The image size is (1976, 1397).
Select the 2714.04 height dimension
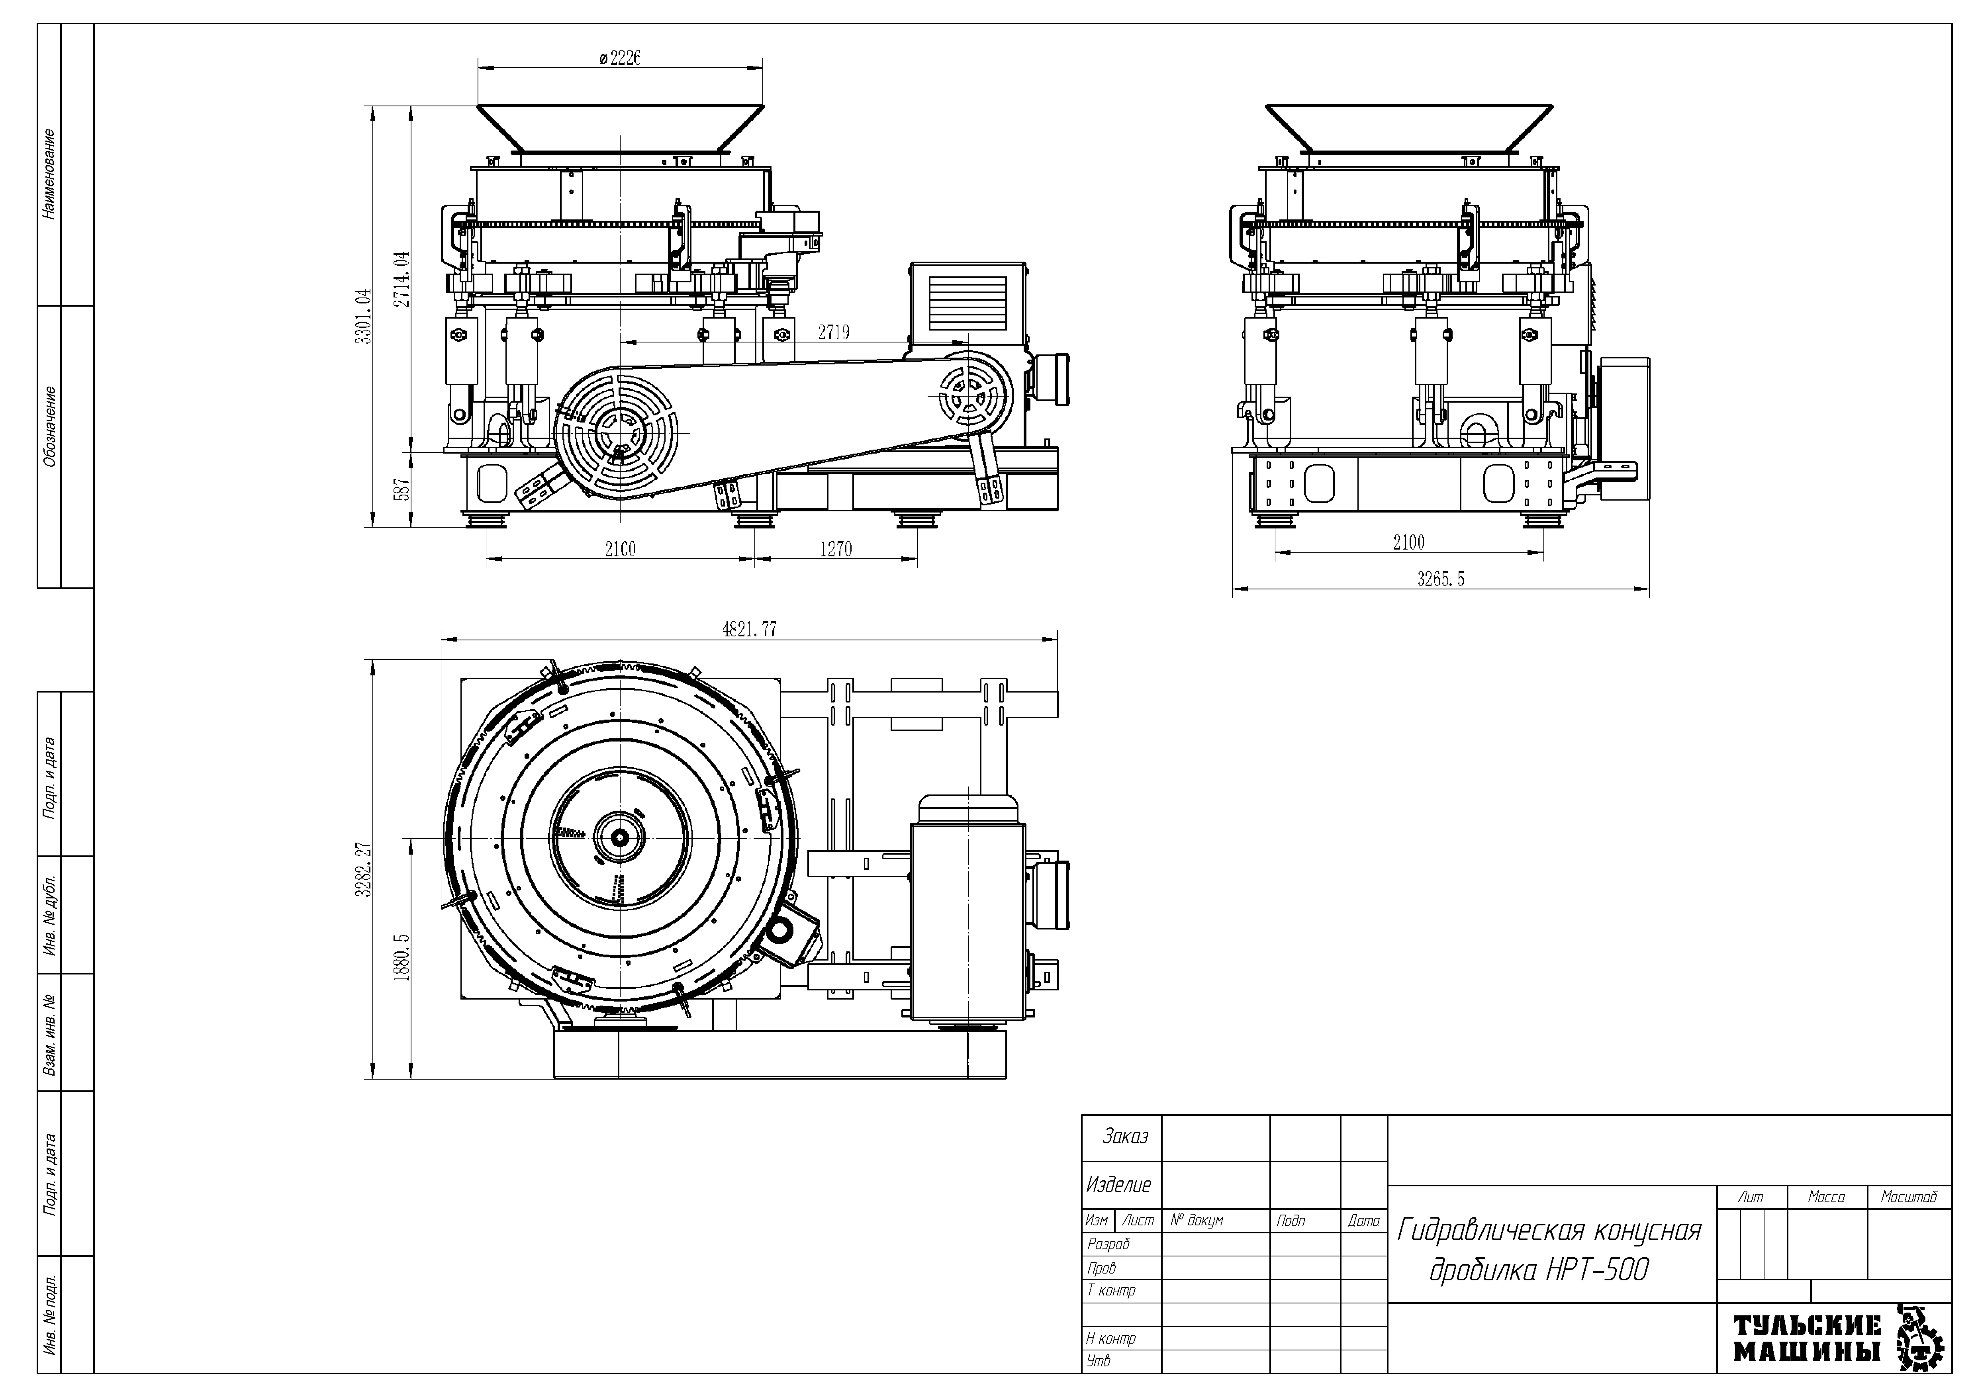click(x=402, y=278)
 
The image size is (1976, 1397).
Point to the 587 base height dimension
click(x=402, y=490)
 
